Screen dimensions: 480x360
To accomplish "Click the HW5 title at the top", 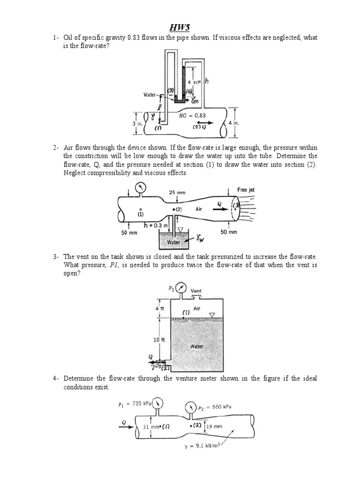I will pos(180,28).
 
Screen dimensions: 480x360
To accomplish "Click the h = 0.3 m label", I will pos(156,225).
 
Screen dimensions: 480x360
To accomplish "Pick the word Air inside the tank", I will pos(197,309).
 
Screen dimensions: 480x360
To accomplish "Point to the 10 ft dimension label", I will pos(158,339).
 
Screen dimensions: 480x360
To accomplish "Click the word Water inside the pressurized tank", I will pos(196,347).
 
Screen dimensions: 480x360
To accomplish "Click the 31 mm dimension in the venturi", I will pos(151,427).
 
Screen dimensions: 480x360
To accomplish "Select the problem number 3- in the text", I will pos(56,257).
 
